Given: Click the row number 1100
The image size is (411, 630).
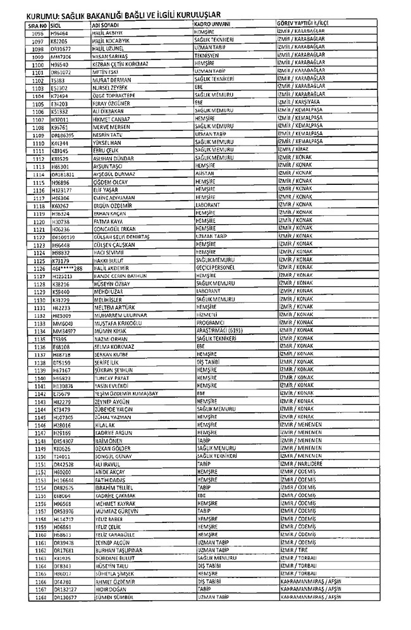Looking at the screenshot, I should coord(37,65).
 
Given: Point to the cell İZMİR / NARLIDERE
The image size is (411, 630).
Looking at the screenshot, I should coord(299,464).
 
